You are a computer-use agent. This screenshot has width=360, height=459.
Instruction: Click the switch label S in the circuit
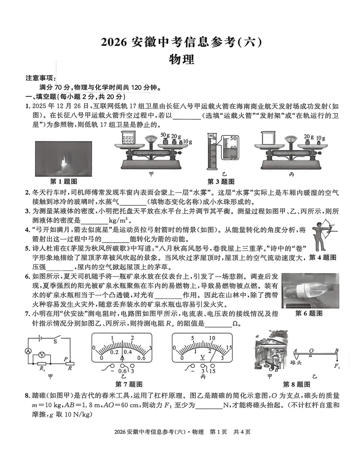[x=55, y=342]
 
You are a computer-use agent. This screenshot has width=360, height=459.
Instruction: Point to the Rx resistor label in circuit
[x=41, y=368]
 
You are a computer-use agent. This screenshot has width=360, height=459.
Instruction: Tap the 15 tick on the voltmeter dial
[x=230, y=347]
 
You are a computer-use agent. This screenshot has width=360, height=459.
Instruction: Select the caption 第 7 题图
[x=128, y=384]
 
